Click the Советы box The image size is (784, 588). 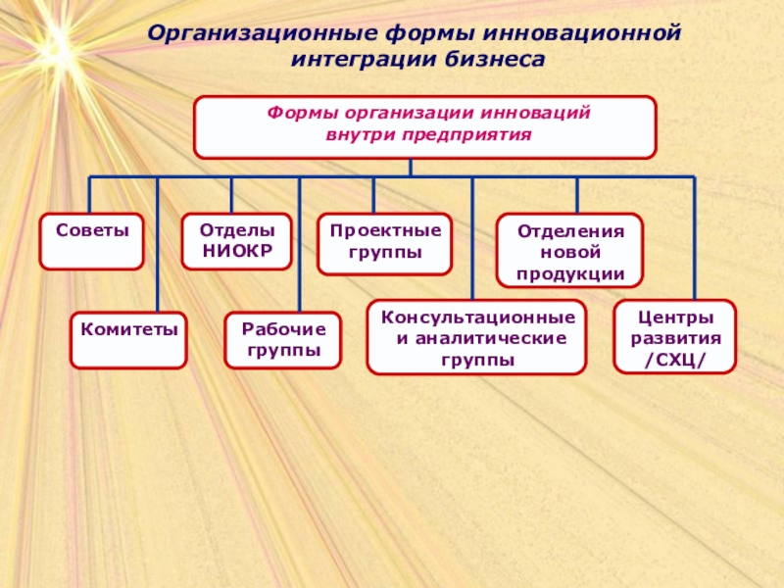tap(90, 241)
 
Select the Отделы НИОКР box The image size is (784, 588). tap(237, 241)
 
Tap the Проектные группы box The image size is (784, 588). tap(385, 242)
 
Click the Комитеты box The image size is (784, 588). tap(127, 340)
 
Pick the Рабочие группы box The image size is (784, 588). tap(282, 340)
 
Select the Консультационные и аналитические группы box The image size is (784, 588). tap(476, 337)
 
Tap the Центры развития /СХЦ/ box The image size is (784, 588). tap(674, 337)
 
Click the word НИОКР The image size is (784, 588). tap(237, 250)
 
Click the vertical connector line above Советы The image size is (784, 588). tap(90, 195)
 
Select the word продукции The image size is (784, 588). tap(569, 271)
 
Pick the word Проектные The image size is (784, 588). tap(385, 231)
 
